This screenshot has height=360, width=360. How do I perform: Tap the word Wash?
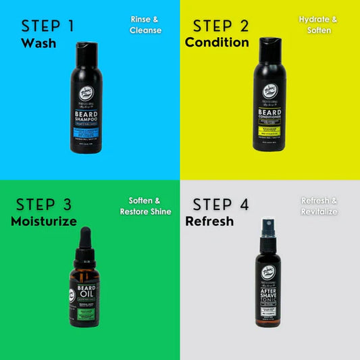coord(38,43)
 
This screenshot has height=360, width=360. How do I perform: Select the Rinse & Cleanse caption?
coord(146,25)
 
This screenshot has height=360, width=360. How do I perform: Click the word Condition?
coord(217,43)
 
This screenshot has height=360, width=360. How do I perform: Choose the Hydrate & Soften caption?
coord(317,25)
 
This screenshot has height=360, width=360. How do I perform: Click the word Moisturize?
coord(43,222)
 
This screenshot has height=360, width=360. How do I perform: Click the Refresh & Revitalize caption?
coord(319,206)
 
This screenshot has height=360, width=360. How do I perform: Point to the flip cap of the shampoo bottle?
coord(86,49)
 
